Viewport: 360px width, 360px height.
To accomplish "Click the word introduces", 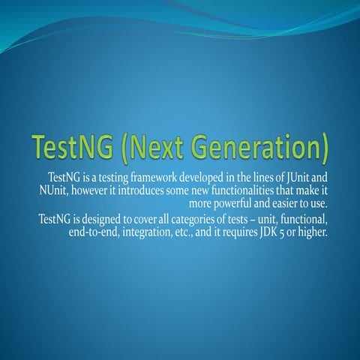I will coord(146,191).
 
